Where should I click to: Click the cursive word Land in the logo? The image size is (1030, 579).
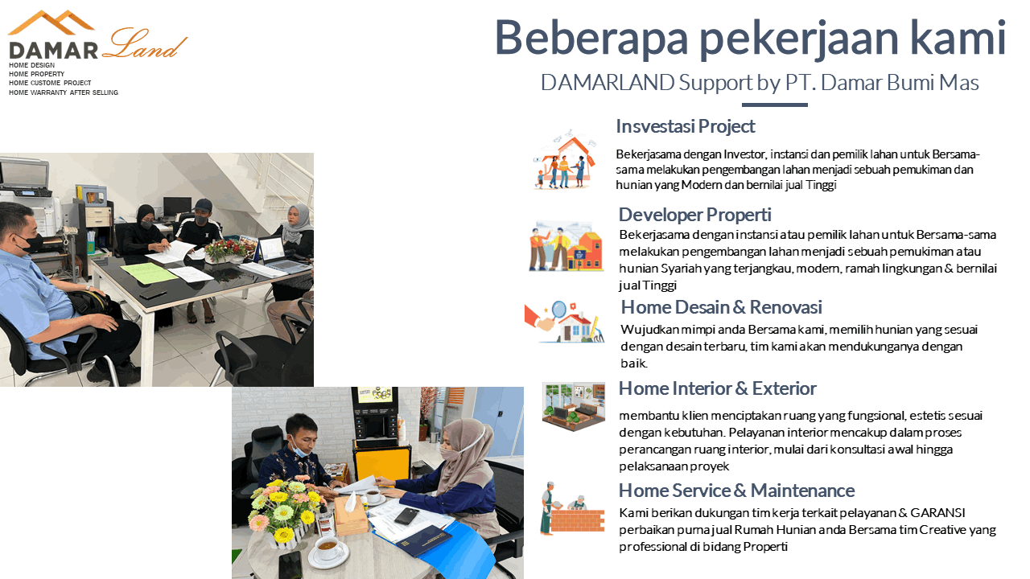[143, 44]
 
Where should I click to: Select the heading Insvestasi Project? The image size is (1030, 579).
[685, 126]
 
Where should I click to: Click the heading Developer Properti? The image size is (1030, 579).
[694, 215]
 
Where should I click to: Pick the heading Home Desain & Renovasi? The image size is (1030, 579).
[722, 307]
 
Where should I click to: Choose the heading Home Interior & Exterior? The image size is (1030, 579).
[717, 388]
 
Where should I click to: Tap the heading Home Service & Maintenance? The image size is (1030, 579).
[736, 491]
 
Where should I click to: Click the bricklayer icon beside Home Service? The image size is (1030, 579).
[572, 508]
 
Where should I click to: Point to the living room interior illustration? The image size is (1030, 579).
[574, 406]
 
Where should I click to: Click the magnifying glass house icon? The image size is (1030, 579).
[565, 322]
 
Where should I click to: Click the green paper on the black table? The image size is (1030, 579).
[149, 273]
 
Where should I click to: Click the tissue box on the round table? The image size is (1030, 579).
[351, 515]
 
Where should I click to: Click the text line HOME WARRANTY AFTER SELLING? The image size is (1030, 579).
[64, 92]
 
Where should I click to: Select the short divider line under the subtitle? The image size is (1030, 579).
[774, 105]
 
